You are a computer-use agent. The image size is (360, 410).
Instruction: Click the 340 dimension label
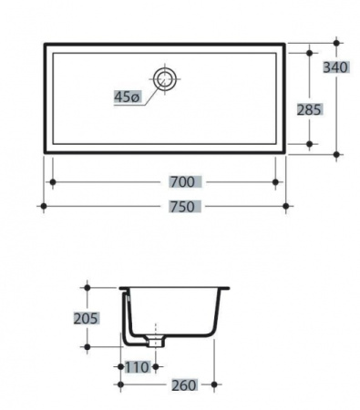[335, 67]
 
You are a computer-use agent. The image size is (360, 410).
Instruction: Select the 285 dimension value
[309, 109]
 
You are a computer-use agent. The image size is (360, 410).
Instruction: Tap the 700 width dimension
[182, 182]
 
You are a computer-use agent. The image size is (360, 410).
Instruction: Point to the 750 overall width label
[182, 207]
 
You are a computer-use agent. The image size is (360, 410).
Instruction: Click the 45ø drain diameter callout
[127, 97]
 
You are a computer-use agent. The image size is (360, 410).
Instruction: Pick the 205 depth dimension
[86, 318]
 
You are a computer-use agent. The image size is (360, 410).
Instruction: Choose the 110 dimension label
[137, 367]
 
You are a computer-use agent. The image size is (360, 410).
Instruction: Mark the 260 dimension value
[184, 385]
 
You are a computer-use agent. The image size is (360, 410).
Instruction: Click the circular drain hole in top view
[165, 78]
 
